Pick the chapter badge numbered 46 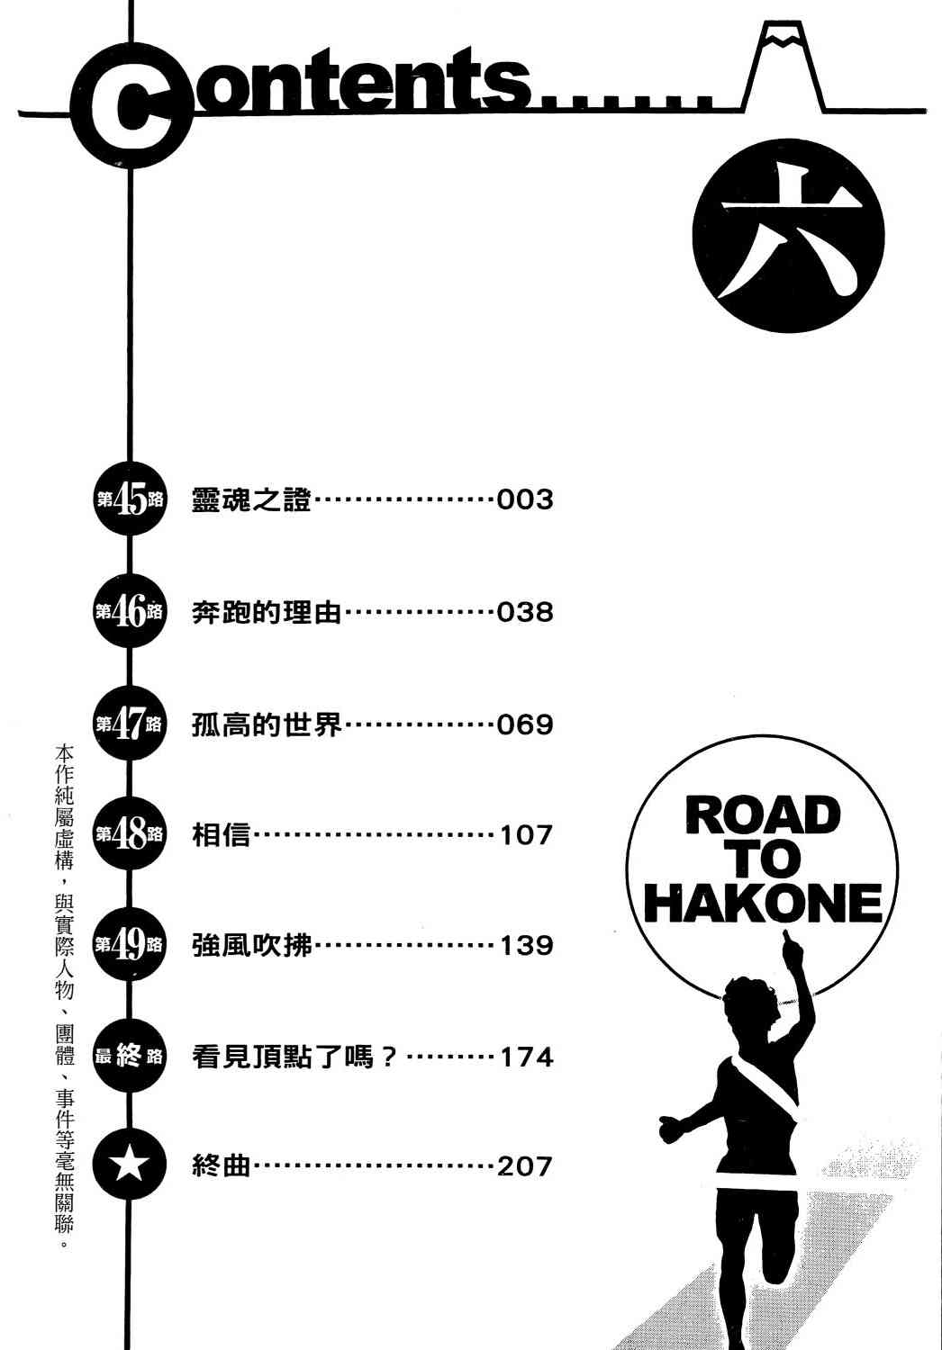tap(130, 611)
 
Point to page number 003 tap(525, 500)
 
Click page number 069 tap(525, 724)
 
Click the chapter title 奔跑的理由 tap(267, 612)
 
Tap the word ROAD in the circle tap(762, 815)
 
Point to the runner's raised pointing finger tap(786, 938)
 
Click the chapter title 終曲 tap(221, 1166)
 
